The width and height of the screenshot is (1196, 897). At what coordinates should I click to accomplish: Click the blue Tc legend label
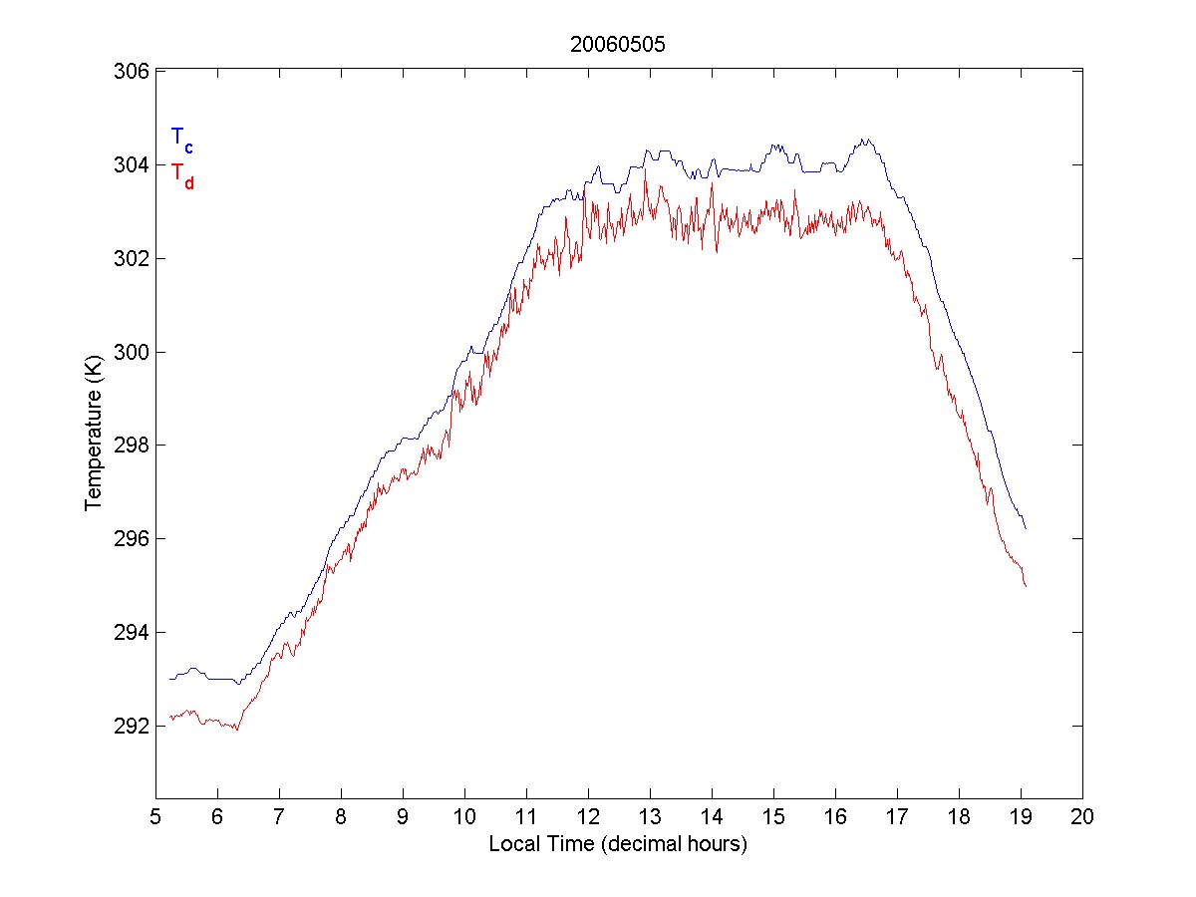point(181,139)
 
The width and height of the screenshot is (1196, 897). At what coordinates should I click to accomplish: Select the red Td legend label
point(181,174)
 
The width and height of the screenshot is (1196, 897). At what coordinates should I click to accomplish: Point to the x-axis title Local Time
point(618,844)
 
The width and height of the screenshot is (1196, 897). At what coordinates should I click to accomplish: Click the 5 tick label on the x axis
point(155,817)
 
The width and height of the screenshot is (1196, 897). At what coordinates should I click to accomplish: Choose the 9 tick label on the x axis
point(403,817)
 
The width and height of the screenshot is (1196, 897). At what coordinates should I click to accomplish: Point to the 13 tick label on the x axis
point(650,817)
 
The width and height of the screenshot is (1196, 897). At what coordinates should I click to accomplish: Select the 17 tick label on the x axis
point(897,817)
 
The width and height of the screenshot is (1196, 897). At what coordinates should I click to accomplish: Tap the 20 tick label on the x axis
point(1082,817)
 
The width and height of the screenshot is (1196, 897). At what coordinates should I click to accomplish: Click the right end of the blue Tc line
point(1025,528)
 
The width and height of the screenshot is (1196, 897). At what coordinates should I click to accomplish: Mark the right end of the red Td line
point(1025,587)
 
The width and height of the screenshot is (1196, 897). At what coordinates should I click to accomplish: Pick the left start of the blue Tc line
point(169,679)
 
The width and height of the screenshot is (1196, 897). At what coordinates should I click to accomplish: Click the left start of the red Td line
point(169,718)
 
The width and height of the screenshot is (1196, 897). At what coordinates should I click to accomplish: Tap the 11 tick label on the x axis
point(526,817)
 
